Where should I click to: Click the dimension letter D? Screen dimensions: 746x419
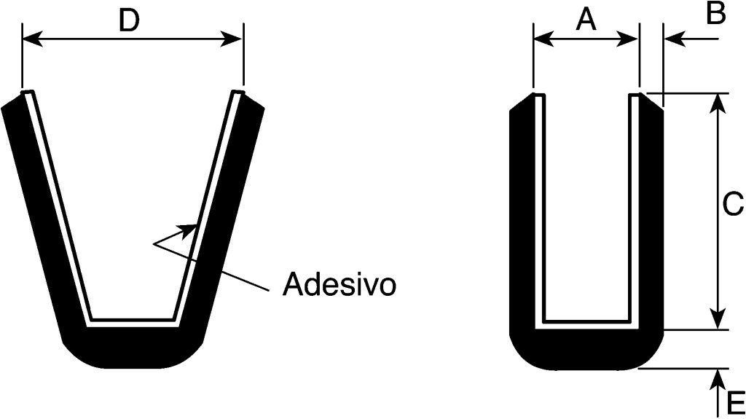pyautogui.click(x=128, y=22)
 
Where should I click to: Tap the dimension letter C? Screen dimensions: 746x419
pyautogui.click(x=732, y=205)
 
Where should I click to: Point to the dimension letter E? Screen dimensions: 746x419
pyautogui.click(x=735, y=402)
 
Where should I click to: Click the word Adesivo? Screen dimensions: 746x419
pyautogui.click(x=339, y=284)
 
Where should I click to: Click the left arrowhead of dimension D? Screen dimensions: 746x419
pyautogui.click(x=31, y=39)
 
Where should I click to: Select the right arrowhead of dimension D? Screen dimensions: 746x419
pyautogui.click(x=235, y=39)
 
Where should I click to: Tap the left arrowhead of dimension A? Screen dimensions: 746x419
pyautogui.click(x=541, y=39)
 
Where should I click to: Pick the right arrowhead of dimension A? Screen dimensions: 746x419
pyautogui.click(x=631, y=39)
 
